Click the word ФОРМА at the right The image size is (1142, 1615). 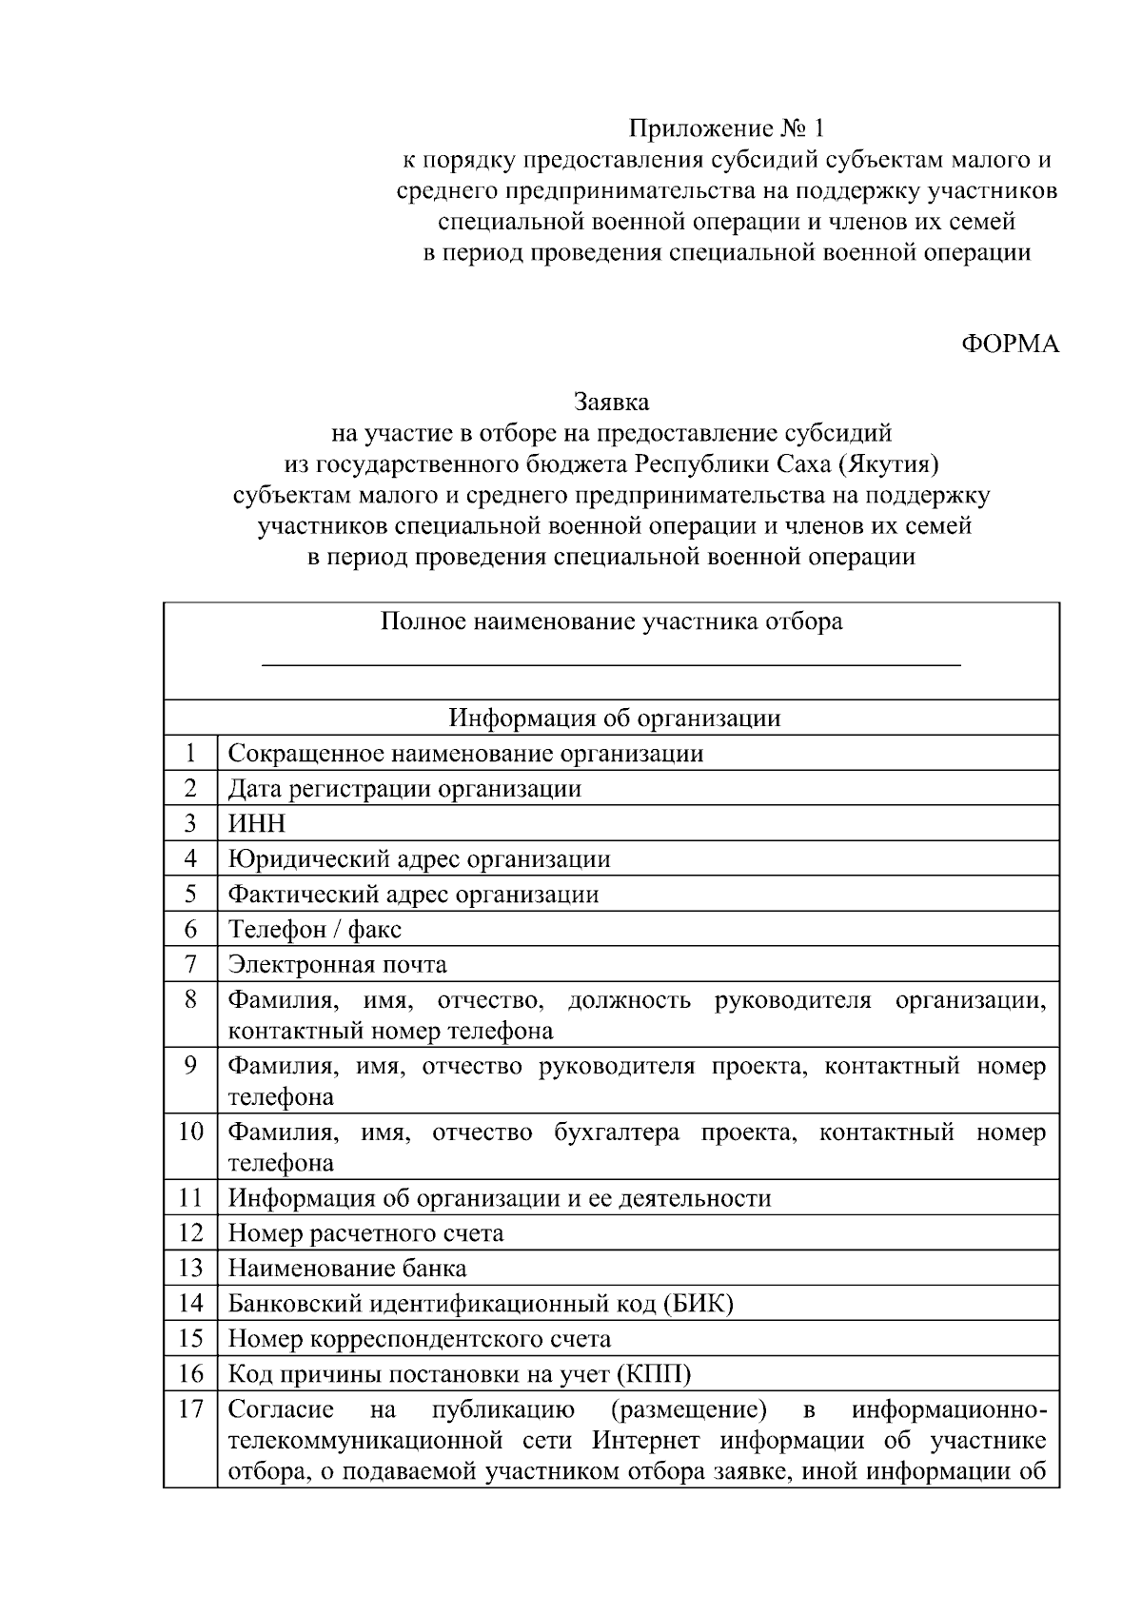(1010, 345)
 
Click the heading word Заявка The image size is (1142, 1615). (611, 403)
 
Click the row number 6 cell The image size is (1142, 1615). (190, 929)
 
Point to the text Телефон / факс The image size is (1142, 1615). (315, 929)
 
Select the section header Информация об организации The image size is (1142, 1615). (615, 718)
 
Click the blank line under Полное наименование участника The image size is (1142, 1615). (611, 663)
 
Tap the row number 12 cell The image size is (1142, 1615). (190, 1233)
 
